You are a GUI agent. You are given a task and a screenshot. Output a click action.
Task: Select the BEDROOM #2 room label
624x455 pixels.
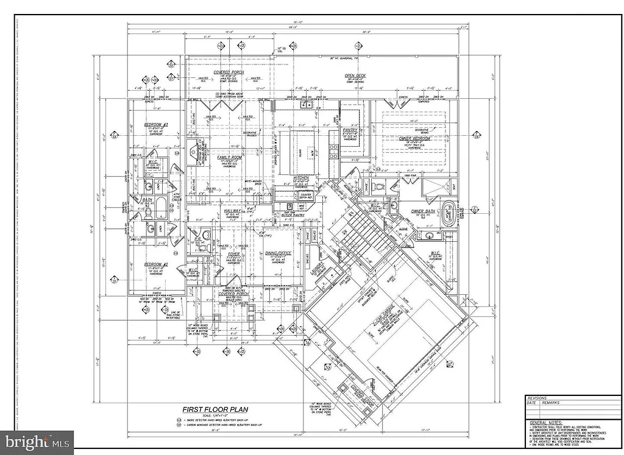click(156, 264)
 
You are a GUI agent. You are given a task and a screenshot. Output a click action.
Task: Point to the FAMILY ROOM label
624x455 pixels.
click(230, 157)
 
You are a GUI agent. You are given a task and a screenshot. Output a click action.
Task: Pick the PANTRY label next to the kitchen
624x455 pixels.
click(350, 130)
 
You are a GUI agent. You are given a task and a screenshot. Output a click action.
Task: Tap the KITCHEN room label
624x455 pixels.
click(302, 177)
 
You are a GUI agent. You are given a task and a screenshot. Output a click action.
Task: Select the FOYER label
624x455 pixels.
click(233, 254)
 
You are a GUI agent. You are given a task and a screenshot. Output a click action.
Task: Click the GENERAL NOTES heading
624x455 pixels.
click(545, 422)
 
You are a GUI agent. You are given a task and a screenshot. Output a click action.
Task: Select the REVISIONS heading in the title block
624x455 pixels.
click(541, 397)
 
